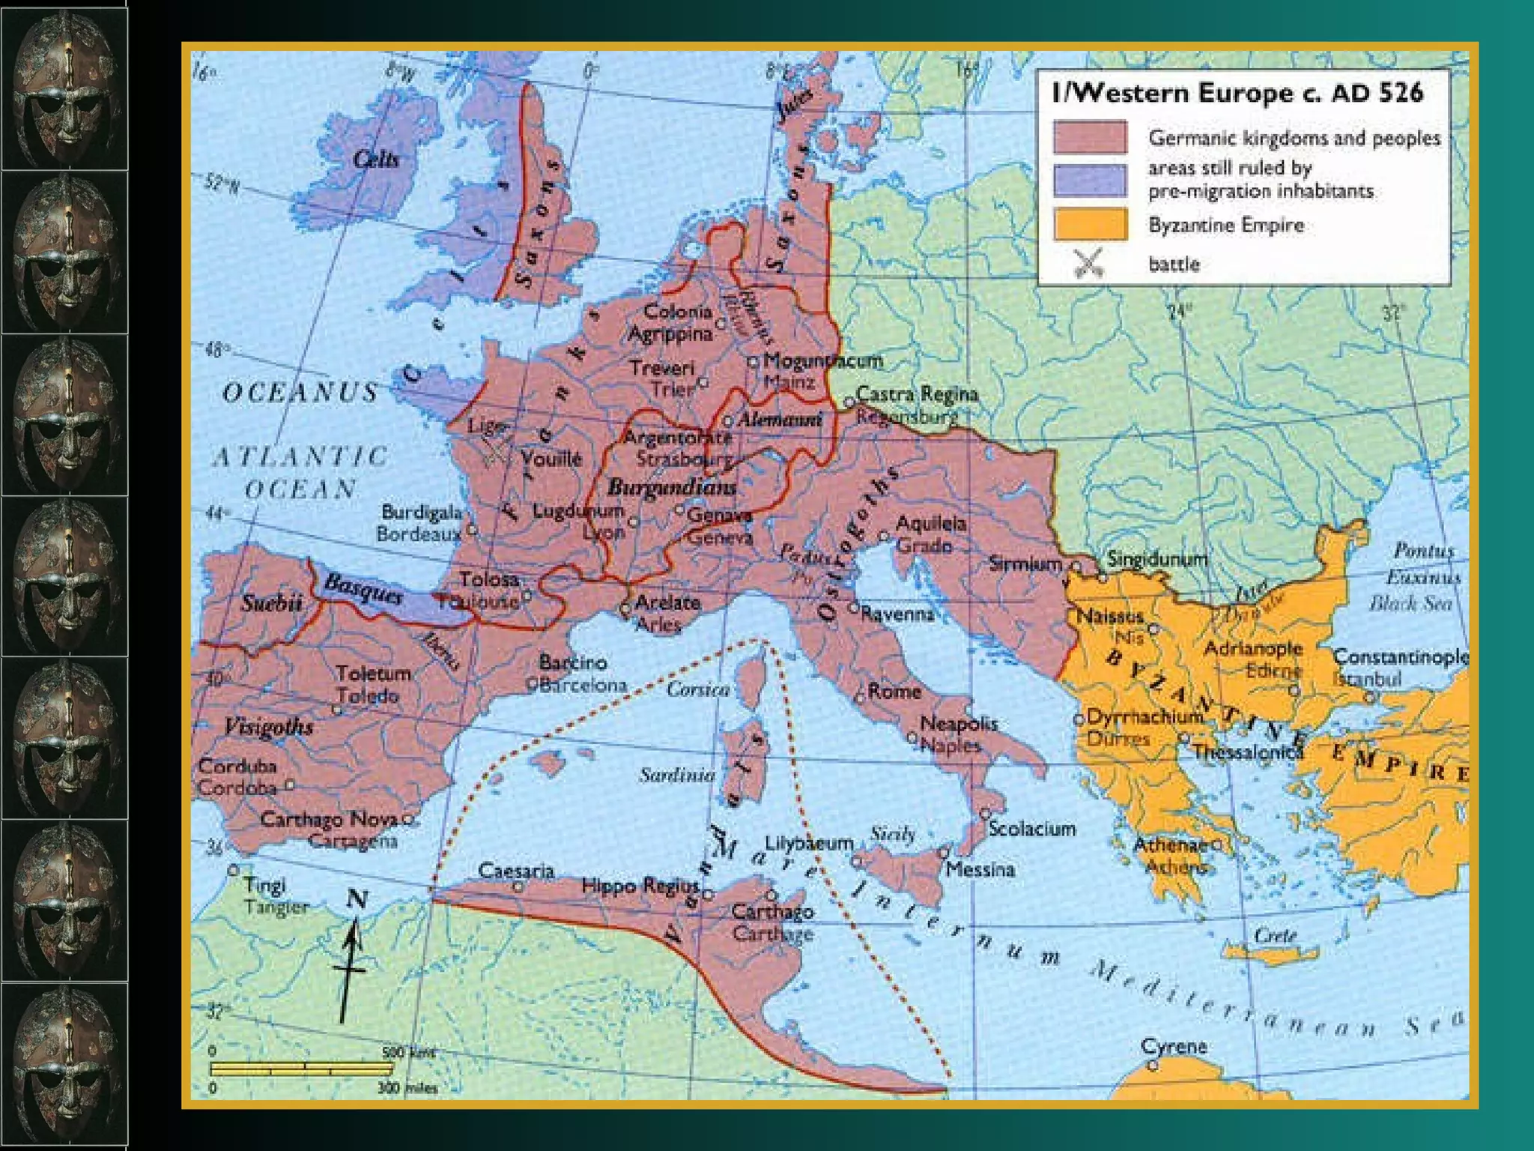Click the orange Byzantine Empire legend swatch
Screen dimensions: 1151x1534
click(x=1090, y=224)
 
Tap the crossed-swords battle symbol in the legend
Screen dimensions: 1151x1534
click(x=1088, y=263)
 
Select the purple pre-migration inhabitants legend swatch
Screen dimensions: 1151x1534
click(x=1090, y=180)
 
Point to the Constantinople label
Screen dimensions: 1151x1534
click(x=1400, y=657)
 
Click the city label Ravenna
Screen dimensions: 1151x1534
click(x=897, y=614)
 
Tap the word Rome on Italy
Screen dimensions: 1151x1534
click(x=894, y=691)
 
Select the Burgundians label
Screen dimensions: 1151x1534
click(x=672, y=487)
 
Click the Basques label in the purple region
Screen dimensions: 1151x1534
click(x=364, y=589)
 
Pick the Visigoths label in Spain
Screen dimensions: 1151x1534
click(x=268, y=726)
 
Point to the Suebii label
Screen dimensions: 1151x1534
click(x=271, y=602)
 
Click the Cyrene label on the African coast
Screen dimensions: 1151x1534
click(x=1174, y=1046)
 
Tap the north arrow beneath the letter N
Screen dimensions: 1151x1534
click(x=351, y=967)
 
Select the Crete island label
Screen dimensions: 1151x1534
click(x=1275, y=935)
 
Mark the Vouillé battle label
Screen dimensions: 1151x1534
click(x=551, y=459)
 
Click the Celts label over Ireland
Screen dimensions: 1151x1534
click(x=376, y=159)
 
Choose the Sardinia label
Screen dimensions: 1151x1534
click(x=677, y=775)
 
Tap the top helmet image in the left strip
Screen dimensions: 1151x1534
click(x=64, y=85)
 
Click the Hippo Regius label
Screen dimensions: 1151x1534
click(x=640, y=886)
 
